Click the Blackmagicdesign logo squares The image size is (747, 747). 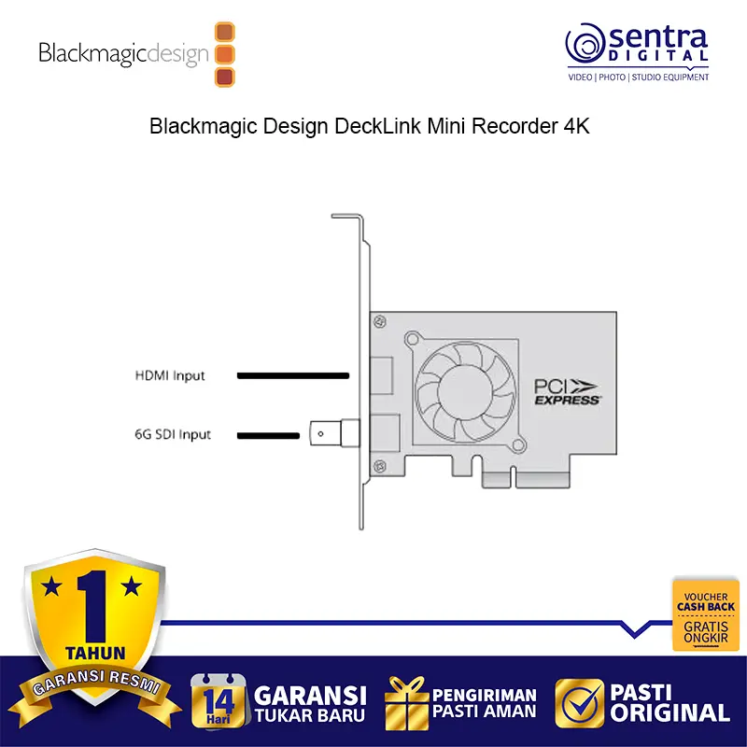click(225, 54)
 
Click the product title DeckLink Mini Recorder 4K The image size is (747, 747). click(370, 127)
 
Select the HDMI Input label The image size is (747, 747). click(170, 376)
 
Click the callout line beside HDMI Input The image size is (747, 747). click(292, 376)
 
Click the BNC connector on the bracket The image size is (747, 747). click(335, 433)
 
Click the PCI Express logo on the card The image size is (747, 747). click(568, 389)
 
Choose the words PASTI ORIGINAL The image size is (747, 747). click(668, 703)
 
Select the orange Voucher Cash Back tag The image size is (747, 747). click(706, 615)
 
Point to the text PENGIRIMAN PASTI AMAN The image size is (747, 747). click(484, 703)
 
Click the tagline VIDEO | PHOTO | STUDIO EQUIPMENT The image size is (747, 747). click(639, 77)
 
